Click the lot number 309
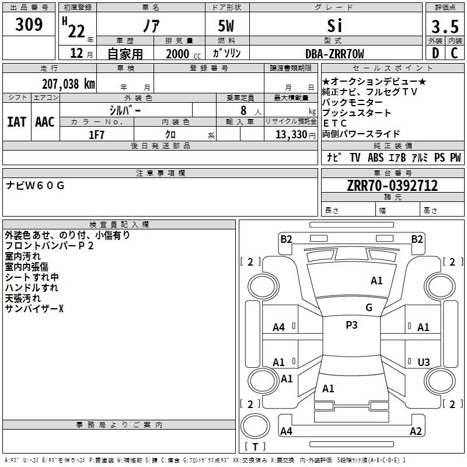(29, 25)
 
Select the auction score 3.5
(444, 27)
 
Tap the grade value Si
(334, 26)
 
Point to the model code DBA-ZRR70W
(334, 54)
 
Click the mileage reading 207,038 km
(68, 83)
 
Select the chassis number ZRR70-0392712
(392, 186)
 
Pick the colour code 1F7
(96, 135)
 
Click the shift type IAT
(16, 122)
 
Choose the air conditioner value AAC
(45, 122)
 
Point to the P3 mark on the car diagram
(351, 325)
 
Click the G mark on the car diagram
(369, 308)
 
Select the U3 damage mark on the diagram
(424, 362)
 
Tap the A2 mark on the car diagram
(416, 431)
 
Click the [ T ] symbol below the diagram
(255, 447)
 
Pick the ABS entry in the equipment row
(375, 158)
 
